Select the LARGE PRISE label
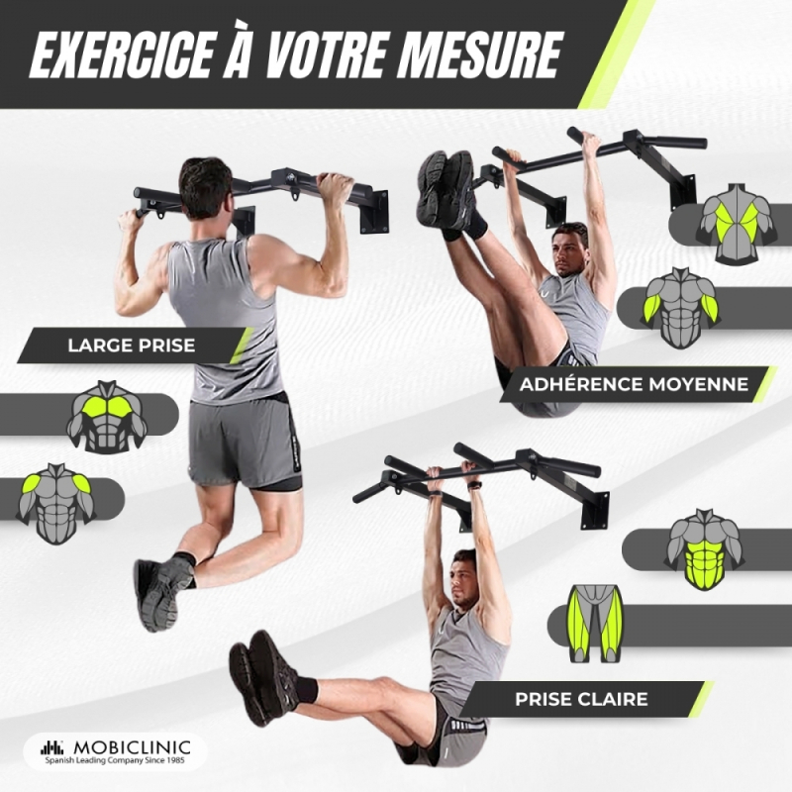click(x=132, y=346)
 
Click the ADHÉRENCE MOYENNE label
click(x=634, y=384)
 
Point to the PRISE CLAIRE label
click(x=581, y=699)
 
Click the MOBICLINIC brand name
click(x=132, y=747)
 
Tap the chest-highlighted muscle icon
click(x=107, y=416)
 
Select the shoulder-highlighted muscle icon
click(x=56, y=503)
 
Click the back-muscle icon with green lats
click(x=735, y=224)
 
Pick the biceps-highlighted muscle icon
click(x=680, y=308)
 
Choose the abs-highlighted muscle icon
click(x=704, y=549)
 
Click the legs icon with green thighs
click(x=596, y=624)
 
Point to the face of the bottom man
click(x=462, y=580)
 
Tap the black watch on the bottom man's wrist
click(x=475, y=485)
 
